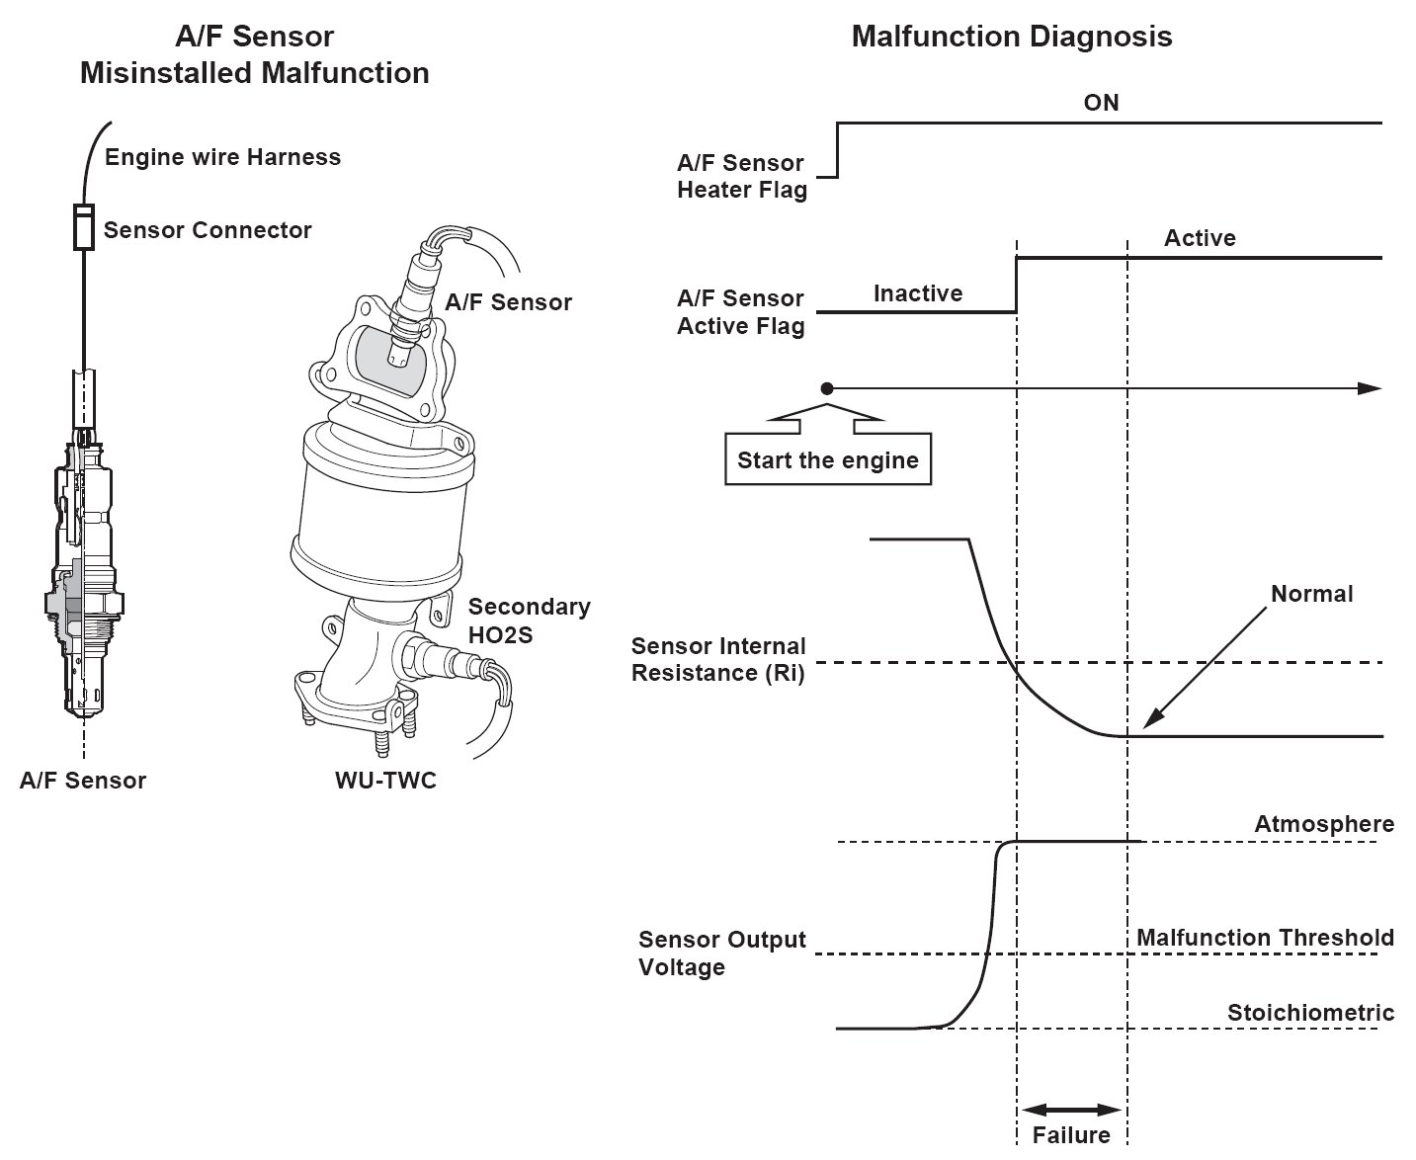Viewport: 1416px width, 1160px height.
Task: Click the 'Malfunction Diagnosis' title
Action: coord(1011,37)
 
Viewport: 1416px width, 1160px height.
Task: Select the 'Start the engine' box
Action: coord(828,458)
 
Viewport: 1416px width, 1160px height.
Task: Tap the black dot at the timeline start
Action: coord(827,388)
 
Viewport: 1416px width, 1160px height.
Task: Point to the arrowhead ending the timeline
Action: coord(1369,388)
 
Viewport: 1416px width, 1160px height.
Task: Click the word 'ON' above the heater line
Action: coord(1101,103)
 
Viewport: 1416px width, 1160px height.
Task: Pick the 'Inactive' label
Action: coord(918,293)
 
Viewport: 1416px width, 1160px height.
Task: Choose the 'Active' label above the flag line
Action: coord(1200,238)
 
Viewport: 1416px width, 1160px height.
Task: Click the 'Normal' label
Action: coord(1312,594)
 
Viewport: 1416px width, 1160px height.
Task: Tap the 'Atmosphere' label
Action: coord(1324,824)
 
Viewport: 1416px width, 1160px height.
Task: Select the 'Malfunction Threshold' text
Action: coord(1265,937)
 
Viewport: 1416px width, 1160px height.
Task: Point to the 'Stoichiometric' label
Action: coord(1310,1013)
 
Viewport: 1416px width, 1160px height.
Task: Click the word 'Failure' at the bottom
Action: coord(1071,1135)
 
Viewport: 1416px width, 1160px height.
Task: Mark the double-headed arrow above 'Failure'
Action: coord(1071,1110)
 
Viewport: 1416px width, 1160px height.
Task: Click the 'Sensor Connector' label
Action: coord(208,230)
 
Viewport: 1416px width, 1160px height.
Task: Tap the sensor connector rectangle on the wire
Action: coord(84,227)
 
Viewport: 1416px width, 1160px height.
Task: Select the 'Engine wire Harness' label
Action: coord(223,157)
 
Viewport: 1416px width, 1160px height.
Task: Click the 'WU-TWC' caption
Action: coord(385,780)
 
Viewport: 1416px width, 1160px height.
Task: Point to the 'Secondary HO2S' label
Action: coord(529,621)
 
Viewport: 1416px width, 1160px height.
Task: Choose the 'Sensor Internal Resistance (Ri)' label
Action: coord(717,659)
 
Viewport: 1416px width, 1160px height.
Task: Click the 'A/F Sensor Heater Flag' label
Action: coord(741,176)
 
